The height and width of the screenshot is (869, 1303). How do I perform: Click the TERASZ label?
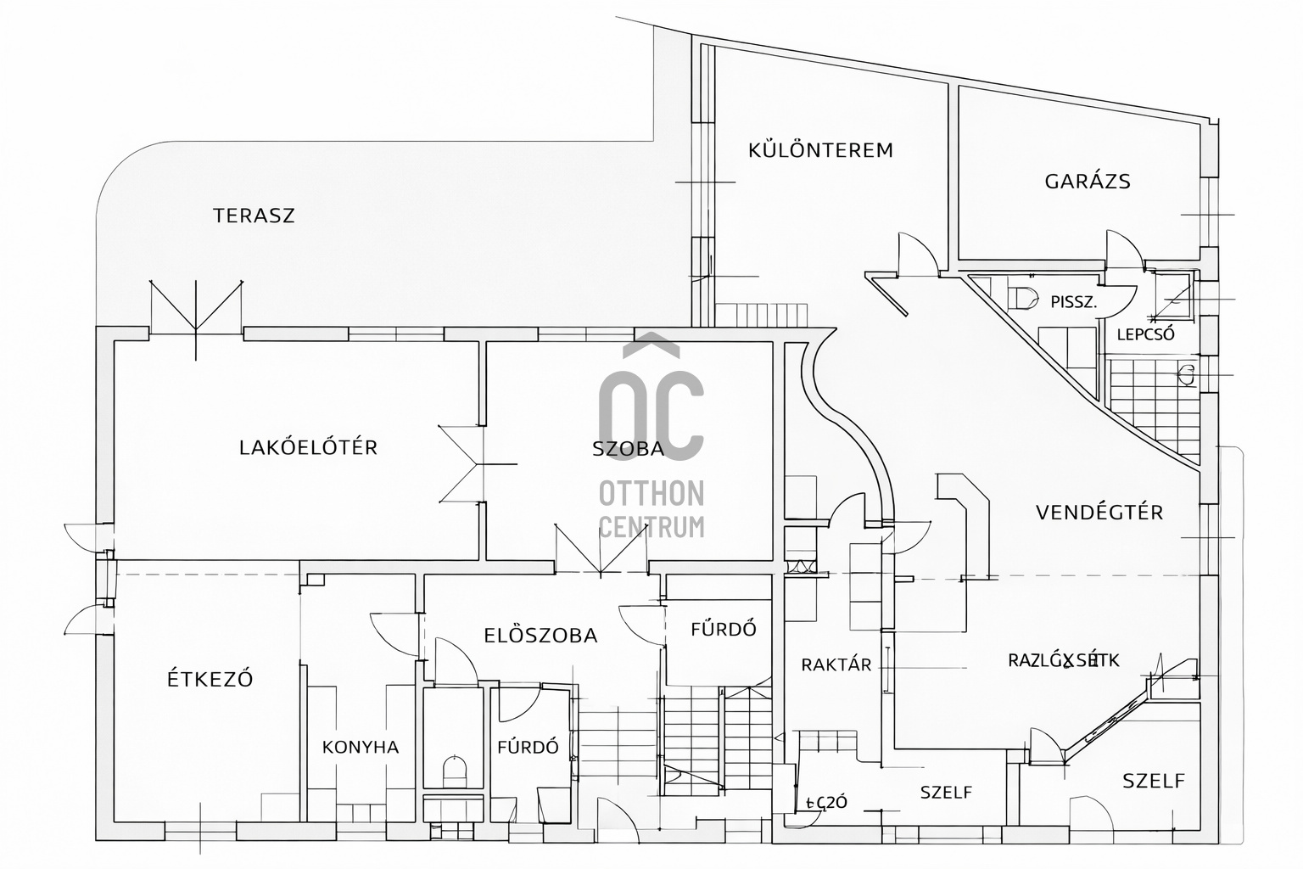(254, 216)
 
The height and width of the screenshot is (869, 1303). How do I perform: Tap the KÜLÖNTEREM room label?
(820, 151)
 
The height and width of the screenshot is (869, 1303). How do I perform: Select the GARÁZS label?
(1088, 181)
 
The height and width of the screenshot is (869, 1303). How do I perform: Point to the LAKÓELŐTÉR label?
(308, 447)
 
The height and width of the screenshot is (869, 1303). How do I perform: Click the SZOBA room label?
(628, 450)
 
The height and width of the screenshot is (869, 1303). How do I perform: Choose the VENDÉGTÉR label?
(1099, 513)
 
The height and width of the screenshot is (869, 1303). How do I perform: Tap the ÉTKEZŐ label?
(210, 680)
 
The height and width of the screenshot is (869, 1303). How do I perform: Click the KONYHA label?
(361, 748)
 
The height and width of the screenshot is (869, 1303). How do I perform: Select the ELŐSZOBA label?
(540, 636)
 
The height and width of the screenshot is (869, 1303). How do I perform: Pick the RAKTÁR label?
(836, 664)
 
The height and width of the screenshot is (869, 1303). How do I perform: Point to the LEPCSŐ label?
(1145, 334)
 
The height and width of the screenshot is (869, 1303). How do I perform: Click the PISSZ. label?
(1074, 301)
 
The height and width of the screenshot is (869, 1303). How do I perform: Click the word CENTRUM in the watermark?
(651, 527)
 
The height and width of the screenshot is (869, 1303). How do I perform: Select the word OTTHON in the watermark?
(651, 492)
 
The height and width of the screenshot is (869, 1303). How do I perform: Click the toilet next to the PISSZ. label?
(1024, 299)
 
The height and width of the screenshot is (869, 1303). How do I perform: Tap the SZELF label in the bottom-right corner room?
(1154, 781)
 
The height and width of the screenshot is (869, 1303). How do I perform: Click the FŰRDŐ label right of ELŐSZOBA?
(723, 630)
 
